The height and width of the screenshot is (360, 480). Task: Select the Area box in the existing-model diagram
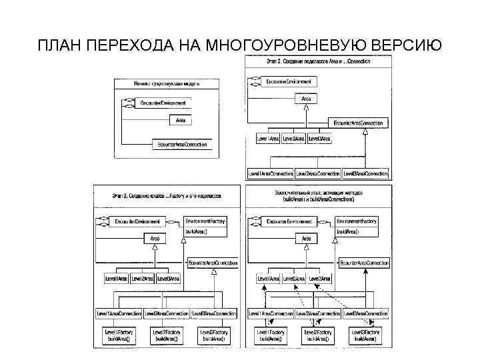(180, 120)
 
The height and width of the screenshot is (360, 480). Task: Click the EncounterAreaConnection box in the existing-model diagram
(181, 144)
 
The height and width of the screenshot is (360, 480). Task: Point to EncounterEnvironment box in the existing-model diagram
(163, 103)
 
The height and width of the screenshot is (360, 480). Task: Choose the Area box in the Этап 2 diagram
(306, 99)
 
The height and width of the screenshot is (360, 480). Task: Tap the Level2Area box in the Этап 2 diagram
(294, 138)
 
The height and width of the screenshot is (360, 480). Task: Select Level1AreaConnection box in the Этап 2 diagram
(271, 173)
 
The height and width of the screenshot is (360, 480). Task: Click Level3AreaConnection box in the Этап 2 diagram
(365, 173)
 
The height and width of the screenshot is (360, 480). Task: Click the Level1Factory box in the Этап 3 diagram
(118, 335)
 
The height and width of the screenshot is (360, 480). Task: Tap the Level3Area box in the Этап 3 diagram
(169, 278)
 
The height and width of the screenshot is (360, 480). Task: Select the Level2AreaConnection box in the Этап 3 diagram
(167, 313)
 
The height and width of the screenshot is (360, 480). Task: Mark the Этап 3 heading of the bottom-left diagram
(167, 197)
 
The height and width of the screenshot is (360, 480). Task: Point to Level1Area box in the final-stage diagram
(269, 278)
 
